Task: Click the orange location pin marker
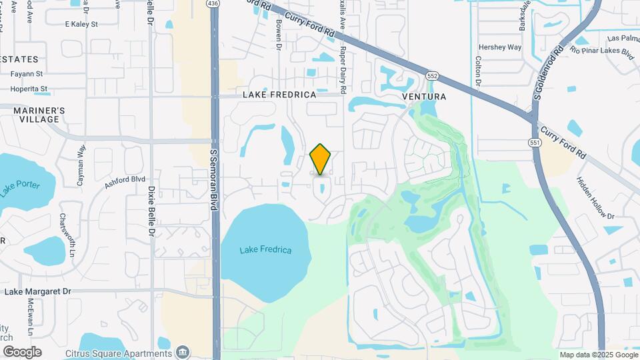(x=321, y=159)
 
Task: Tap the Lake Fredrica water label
(x=266, y=250)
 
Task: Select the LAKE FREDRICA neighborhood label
(x=279, y=95)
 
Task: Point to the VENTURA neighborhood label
(x=424, y=97)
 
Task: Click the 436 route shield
(x=213, y=4)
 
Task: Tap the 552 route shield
(x=432, y=76)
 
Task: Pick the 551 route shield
(x=535, y=143)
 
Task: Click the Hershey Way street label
(x=500, y=47)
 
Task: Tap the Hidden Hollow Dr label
(x=595, y=198)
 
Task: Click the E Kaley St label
(x=81, y=24)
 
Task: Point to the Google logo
(x=22, y=351)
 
